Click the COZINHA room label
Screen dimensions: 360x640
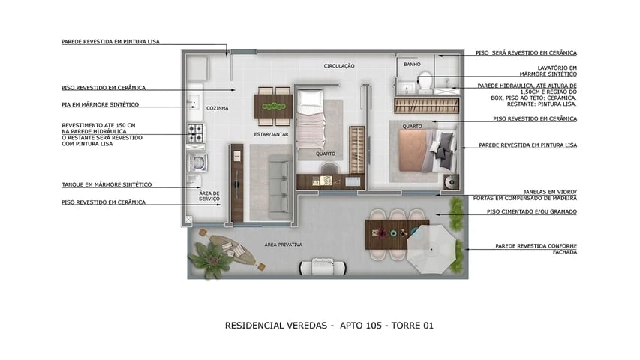click(218, 109)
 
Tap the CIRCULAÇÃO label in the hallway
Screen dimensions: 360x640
click(339, 66)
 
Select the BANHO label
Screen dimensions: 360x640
click(412, 64)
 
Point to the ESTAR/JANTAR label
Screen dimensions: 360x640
click(271, 135)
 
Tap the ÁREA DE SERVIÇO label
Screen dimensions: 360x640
click(208, 196)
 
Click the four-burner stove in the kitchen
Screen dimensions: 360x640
click(196, 134)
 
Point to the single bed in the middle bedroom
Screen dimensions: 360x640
click(310, 120)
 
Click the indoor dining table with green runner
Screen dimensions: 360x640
click(275, 104)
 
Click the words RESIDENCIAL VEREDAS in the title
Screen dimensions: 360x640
click(275, 325)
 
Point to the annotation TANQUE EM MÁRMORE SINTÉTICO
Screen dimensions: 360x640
click(107, 184)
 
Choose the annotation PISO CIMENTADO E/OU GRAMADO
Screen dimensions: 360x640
click(531, 212)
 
